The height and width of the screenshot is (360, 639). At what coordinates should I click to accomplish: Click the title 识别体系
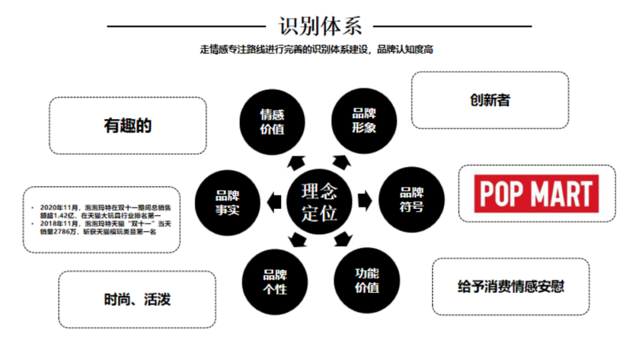coord(319,25)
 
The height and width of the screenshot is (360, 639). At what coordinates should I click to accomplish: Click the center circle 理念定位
coord(319,201)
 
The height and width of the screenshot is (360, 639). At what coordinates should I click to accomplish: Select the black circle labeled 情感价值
coord(272,121)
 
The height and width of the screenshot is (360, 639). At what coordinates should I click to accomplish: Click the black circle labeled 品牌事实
coord(228,202)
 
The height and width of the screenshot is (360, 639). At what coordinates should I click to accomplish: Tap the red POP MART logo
coord(537,194)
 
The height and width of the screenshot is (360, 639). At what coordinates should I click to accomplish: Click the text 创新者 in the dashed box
coord(490,101)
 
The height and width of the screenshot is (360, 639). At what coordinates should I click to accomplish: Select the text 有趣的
coord(128,126)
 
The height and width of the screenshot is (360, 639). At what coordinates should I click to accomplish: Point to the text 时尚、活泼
coord(137,299)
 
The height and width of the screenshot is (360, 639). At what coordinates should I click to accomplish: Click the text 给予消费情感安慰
coord(511,287)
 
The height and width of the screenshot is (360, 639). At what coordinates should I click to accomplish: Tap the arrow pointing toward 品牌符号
coord(366,201)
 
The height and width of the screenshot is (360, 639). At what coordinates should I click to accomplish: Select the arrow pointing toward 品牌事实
coord(273,201)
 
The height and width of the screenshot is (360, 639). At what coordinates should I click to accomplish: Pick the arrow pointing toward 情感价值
coord(295,162)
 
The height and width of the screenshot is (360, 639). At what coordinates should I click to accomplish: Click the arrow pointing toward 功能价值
coord(343,240)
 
